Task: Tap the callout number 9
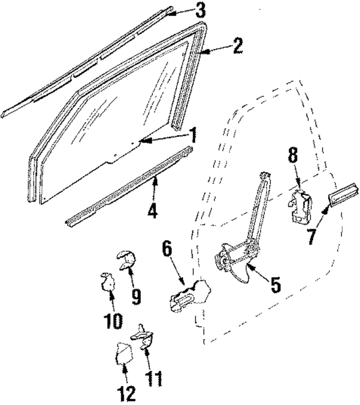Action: click(x=136, y=297)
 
